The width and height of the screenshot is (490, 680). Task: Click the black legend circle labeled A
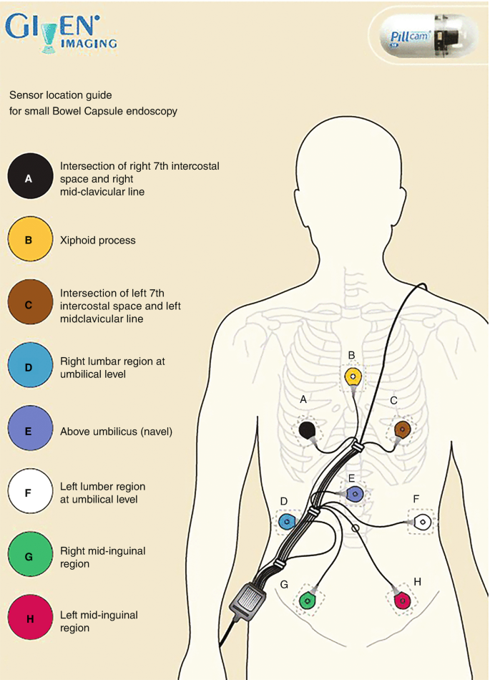pos(29,176)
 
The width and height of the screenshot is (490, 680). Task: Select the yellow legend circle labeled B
pos(29,239)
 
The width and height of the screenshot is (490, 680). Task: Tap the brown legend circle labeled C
pos(29,303)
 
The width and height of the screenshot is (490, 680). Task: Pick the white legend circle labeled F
pos(29,492)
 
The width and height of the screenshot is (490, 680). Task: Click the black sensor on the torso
pos(308,430)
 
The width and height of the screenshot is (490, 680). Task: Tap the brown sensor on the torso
pos(401,429)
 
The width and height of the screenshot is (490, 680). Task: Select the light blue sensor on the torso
pos(287,522)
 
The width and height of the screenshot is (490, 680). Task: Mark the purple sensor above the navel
pos(355,493)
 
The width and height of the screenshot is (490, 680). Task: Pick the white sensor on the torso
pos(423,521)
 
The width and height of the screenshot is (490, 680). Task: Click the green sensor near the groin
pos(308,600)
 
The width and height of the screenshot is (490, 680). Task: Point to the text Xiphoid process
pos(98,241)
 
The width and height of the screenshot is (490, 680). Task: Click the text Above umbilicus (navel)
pos(117,432)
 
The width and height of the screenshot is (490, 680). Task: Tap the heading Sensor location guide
pos(61,94)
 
